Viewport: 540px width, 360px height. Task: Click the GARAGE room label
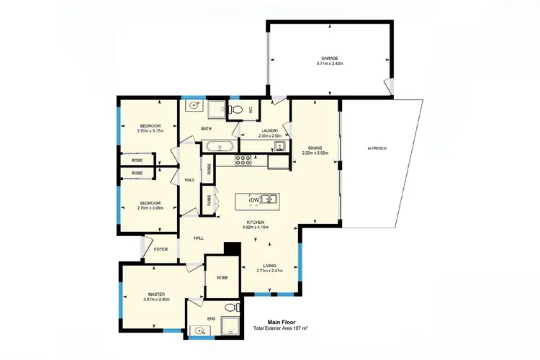pyautogui.click(x=329, y=58)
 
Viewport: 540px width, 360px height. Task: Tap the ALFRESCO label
pyautogui.click(x=377, y=148)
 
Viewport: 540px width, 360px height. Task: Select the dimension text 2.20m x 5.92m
pyautogui.click(x=315, y=153)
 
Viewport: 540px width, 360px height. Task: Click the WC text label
pyautogui.click(x=251, y=109)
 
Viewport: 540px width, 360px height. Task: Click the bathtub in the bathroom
pyautogui.click(x=217, y=147)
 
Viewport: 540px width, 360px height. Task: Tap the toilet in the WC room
pyautogui.click(x=235, y=110)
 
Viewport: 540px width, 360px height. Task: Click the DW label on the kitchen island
pyautogui.click(x=253, y=199)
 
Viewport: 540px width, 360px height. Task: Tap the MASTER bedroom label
pyautogui.click(x=157, y=294)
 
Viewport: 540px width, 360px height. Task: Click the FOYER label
pyautogui.click(x=161, y=249)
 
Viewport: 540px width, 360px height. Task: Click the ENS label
pyautogui.click(x=211, y=318)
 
